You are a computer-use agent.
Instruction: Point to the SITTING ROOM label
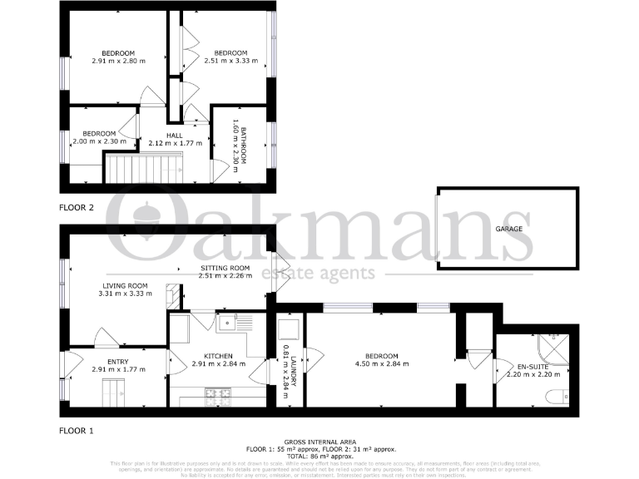[x=220, y=268]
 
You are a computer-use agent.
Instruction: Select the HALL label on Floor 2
[x=174, y=135]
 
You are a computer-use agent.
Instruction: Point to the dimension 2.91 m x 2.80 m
[x=118, y=61]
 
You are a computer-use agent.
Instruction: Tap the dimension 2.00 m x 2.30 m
[x=99, y=141]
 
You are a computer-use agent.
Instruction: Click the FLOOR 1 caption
[x=76, y=431]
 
